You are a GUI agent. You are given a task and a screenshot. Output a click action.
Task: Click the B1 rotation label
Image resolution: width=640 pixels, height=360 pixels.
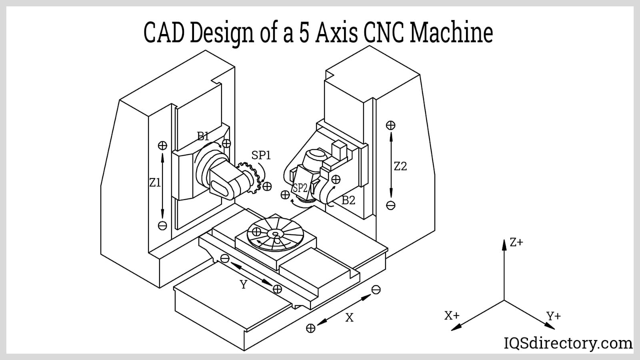[x=203, y=136]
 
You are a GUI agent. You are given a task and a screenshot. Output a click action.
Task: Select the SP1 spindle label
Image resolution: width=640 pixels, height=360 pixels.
[x=261, y=155]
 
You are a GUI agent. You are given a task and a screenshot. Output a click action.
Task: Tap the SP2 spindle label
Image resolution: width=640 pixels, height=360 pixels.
[x=300, y=188]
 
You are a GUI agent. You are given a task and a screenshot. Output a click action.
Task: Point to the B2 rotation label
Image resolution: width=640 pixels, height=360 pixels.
[x=348, y=200]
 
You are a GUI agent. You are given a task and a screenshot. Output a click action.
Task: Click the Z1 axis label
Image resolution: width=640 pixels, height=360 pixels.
[x=155, y=183]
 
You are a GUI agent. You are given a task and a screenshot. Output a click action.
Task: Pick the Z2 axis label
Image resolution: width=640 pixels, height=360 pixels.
[x=400, y=166]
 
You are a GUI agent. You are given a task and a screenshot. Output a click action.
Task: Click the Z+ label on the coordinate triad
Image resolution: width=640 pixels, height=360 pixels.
[x=516, y=242]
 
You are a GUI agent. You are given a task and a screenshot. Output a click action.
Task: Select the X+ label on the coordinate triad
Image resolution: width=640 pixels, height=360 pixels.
[x=452, y=316]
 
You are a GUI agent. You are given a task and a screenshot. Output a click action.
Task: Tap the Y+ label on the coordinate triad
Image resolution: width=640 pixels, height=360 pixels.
[x=554, y=316]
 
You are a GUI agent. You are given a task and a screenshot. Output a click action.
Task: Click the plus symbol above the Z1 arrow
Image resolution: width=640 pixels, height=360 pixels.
[x=162, y=146]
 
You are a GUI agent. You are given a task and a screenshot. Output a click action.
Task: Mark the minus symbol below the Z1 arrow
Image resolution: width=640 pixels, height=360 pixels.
[x=162, y=226]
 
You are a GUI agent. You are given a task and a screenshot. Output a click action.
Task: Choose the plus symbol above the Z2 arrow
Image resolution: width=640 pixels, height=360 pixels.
[x=390, y=125]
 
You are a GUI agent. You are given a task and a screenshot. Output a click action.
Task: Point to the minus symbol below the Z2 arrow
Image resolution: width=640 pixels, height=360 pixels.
[x=391, y=206]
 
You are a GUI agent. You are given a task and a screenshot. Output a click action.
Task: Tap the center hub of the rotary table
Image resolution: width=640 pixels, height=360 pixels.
[x=274, y=234]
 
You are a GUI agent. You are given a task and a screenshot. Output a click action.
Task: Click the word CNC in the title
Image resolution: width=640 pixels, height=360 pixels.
[x=385, y=33]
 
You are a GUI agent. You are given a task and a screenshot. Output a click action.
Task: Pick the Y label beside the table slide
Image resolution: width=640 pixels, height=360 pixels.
[x=243, y=285]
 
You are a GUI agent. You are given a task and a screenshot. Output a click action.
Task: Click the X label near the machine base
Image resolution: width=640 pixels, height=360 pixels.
[x=349, y=318]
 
